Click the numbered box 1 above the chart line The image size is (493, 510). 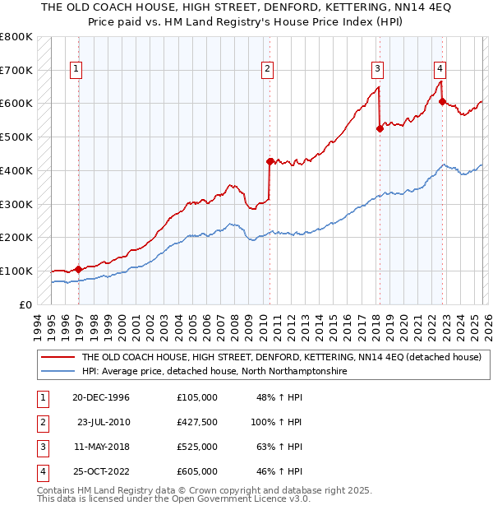coord(76,70)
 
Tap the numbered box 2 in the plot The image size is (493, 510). coord(268,70)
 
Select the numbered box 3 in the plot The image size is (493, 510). coord(377,70)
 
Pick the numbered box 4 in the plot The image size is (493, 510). coord(440,70)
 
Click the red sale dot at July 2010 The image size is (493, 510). coord(270,161)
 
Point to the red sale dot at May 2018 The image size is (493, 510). coord(380,128)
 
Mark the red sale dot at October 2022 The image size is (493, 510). coord(442,102)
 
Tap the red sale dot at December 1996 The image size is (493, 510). coord(79,269)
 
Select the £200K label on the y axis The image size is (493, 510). coord(16,237)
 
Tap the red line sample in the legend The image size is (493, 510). coord(58,358)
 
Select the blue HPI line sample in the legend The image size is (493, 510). coord(58,372)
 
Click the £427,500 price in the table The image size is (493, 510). coord(197,422)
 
